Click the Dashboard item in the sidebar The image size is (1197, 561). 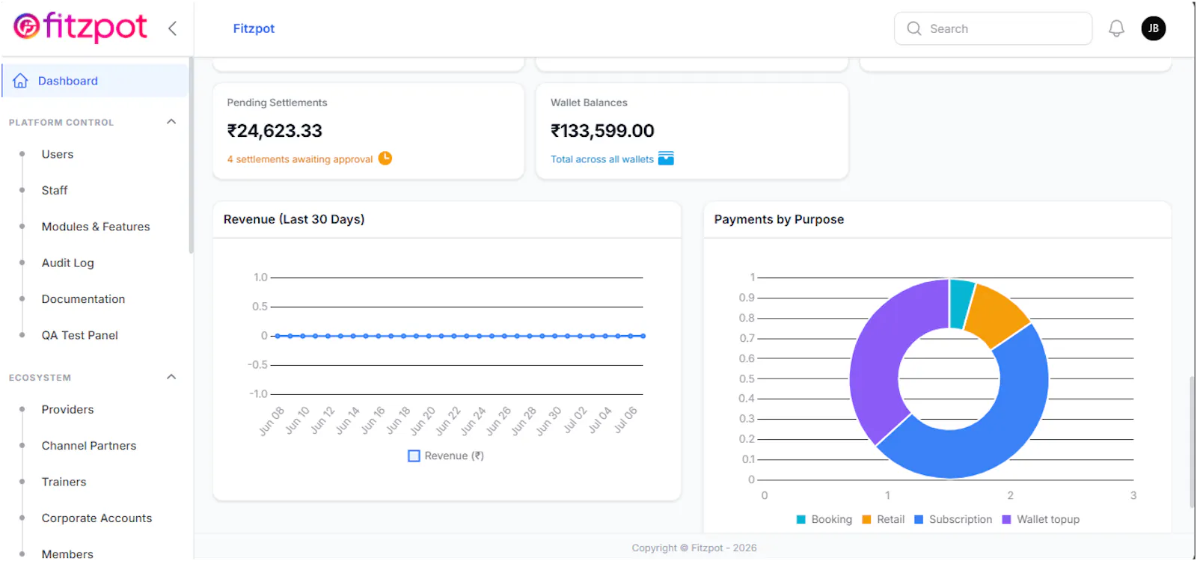point(68,81)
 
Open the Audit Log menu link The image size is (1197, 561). point(68,263)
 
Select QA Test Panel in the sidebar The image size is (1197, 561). point(79,335)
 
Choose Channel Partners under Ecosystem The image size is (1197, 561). point(89,446)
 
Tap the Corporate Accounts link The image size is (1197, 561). point(97,518)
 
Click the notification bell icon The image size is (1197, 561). point(1116,28)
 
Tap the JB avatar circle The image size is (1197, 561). point(1154,28)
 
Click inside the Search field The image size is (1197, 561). point(994,29)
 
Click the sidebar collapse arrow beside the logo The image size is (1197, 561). point(173,28)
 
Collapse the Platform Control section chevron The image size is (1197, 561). point(171,122)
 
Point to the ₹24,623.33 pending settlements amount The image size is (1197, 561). point(275,131)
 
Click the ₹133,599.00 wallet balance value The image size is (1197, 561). point(602,131)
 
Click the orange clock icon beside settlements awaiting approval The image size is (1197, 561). point(385,158)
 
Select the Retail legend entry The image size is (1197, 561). point(884,519)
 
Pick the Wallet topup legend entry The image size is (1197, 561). point(1041,519)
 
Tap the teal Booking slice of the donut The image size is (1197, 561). point(961,304)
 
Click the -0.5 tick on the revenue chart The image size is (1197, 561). point(257,365)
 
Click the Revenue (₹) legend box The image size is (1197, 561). point(414,456)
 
